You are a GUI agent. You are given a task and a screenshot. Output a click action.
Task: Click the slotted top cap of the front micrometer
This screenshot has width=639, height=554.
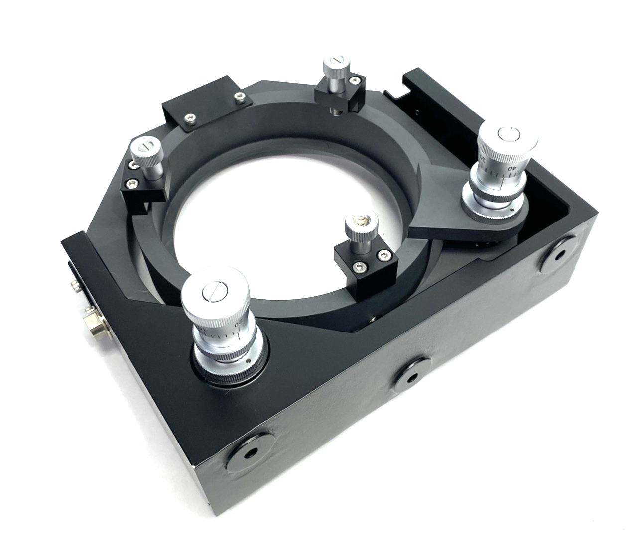point(213,293)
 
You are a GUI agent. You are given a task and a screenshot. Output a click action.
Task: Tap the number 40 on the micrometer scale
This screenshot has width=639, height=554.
point(511,168)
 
